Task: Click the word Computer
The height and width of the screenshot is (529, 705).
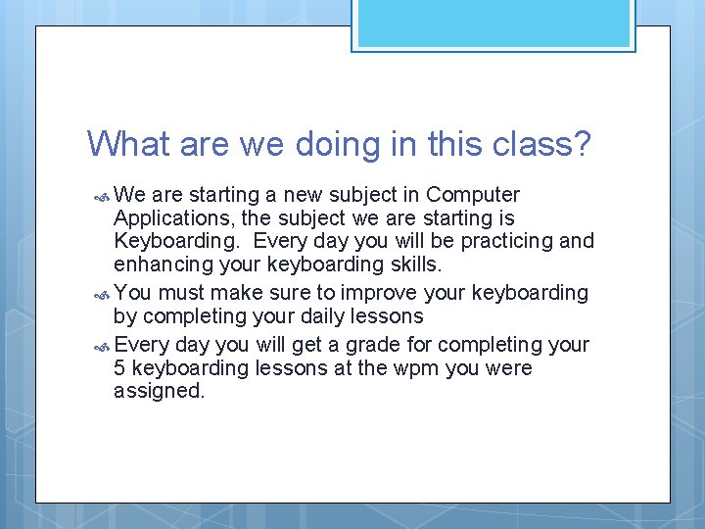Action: coord(473,195)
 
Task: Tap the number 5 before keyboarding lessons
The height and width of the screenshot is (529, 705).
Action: coord(119,368)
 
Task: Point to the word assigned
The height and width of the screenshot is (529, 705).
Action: coord(160,392)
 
